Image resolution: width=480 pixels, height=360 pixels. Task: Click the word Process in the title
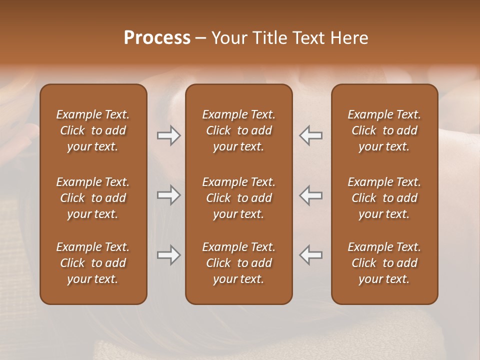[x=157, y=38]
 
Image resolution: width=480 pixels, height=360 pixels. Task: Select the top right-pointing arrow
[x=169, y=135]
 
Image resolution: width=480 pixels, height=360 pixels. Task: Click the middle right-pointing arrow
[x=169, y=195]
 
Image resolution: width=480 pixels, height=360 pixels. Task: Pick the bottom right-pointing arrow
[x=169, y=255]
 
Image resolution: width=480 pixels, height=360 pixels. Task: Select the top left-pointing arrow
[x=310, y=135]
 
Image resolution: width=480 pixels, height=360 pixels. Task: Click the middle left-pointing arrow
[x=310, y=195]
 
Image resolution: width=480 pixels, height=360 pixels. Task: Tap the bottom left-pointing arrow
[x=310, y=255]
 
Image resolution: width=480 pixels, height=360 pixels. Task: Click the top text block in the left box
[x=93, y=130]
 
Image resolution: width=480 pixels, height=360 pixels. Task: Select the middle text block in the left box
[x=93, y=198]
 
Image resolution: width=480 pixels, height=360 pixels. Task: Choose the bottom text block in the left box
[x=93, y=263]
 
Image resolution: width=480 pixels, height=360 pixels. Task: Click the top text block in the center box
[x=238, y=130]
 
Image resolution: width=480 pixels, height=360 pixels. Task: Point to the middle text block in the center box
[x=238, y=198]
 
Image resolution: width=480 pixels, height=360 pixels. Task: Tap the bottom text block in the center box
[x=238, y=263]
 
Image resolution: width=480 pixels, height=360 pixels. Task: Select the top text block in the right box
[x=384, y=130]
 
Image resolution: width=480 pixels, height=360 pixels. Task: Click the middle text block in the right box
[x=384, y=198]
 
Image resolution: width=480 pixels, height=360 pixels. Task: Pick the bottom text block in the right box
[x=384, y=263]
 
